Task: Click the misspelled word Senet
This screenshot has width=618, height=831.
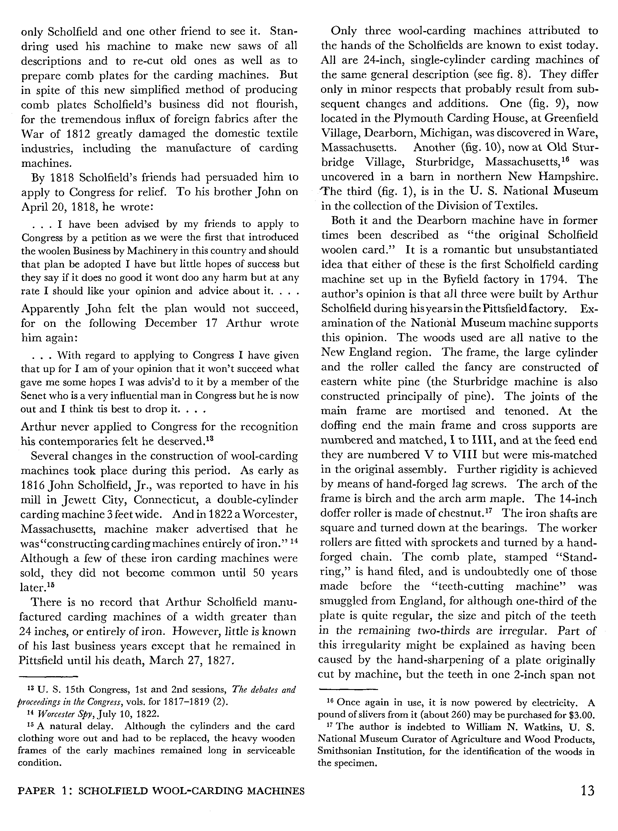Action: [x=35, y=396]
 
